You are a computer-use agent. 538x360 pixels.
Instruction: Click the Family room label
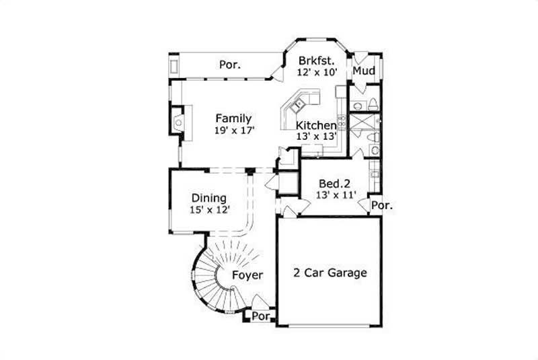[233, 118]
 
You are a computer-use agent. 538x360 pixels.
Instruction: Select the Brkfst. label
[317, 59]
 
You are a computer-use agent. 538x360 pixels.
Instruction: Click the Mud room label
[364, 71]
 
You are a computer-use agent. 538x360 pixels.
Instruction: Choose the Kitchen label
[316, 125]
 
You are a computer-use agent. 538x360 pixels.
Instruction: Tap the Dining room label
[209, 199]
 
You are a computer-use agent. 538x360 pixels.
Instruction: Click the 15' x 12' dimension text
[210, 209]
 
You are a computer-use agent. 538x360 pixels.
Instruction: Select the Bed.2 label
[335, 184]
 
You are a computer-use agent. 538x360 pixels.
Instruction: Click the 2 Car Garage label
[330, 273]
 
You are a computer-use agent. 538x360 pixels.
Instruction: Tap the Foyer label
[247, 275]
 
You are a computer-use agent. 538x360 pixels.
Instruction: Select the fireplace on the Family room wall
[178, 122]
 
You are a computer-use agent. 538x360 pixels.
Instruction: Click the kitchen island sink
[297, 104]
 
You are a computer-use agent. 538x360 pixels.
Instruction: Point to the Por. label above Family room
[231, 65]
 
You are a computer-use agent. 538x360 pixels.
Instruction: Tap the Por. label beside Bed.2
[382, 205]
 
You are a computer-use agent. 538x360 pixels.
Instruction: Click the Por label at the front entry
[261, 315]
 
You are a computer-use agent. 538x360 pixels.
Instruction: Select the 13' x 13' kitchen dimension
[316, 136]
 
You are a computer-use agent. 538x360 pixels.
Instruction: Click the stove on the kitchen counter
[341, 122]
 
